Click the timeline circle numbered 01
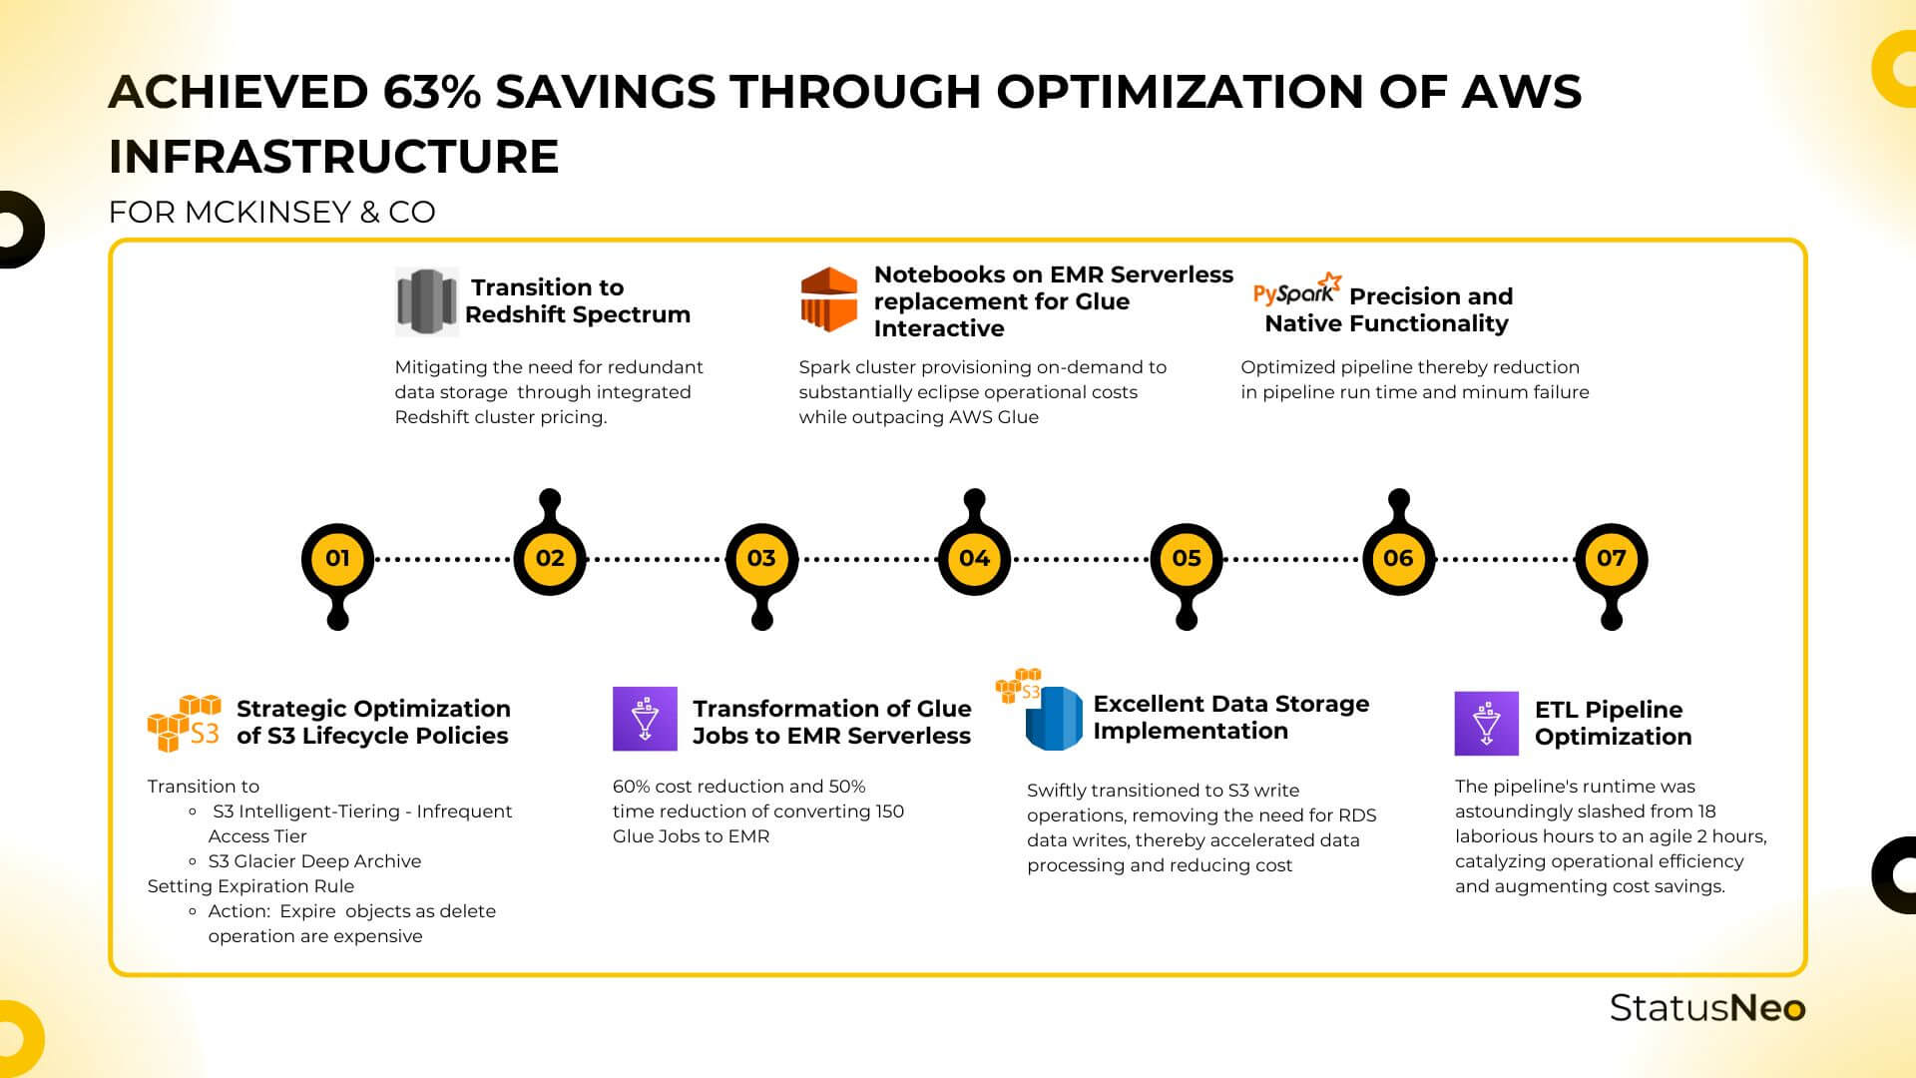pyautogui.click(x=337, y=558)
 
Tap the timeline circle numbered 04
pyautogui.click(x=974, y=558)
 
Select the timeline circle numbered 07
pyautogui.click(x=1611, y=558)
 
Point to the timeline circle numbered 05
pyautogui.click(x=1186, y=558)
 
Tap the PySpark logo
pyautogui.click(x=1295, y=290)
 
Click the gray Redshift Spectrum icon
pyautogui.click(x=426, y=300)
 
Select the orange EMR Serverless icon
pyautogui.click(x=828, y=299)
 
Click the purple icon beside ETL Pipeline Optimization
pyautogui.click(x=1486, y=723)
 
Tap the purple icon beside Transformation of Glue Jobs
pyautogui.click(x=645, y=719)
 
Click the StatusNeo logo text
pyautogui.click(x=1706, y=1008)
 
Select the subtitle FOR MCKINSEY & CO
pyautogui.click(x=271, y=213)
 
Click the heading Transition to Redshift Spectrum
pyautogui.click(x=577, y=300)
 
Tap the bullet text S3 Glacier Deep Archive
pyautogui.click(x=314, y=861)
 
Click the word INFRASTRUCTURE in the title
pyautogui.click(x=333, y=157)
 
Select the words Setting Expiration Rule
pyautogui.click(x=250, y=886)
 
